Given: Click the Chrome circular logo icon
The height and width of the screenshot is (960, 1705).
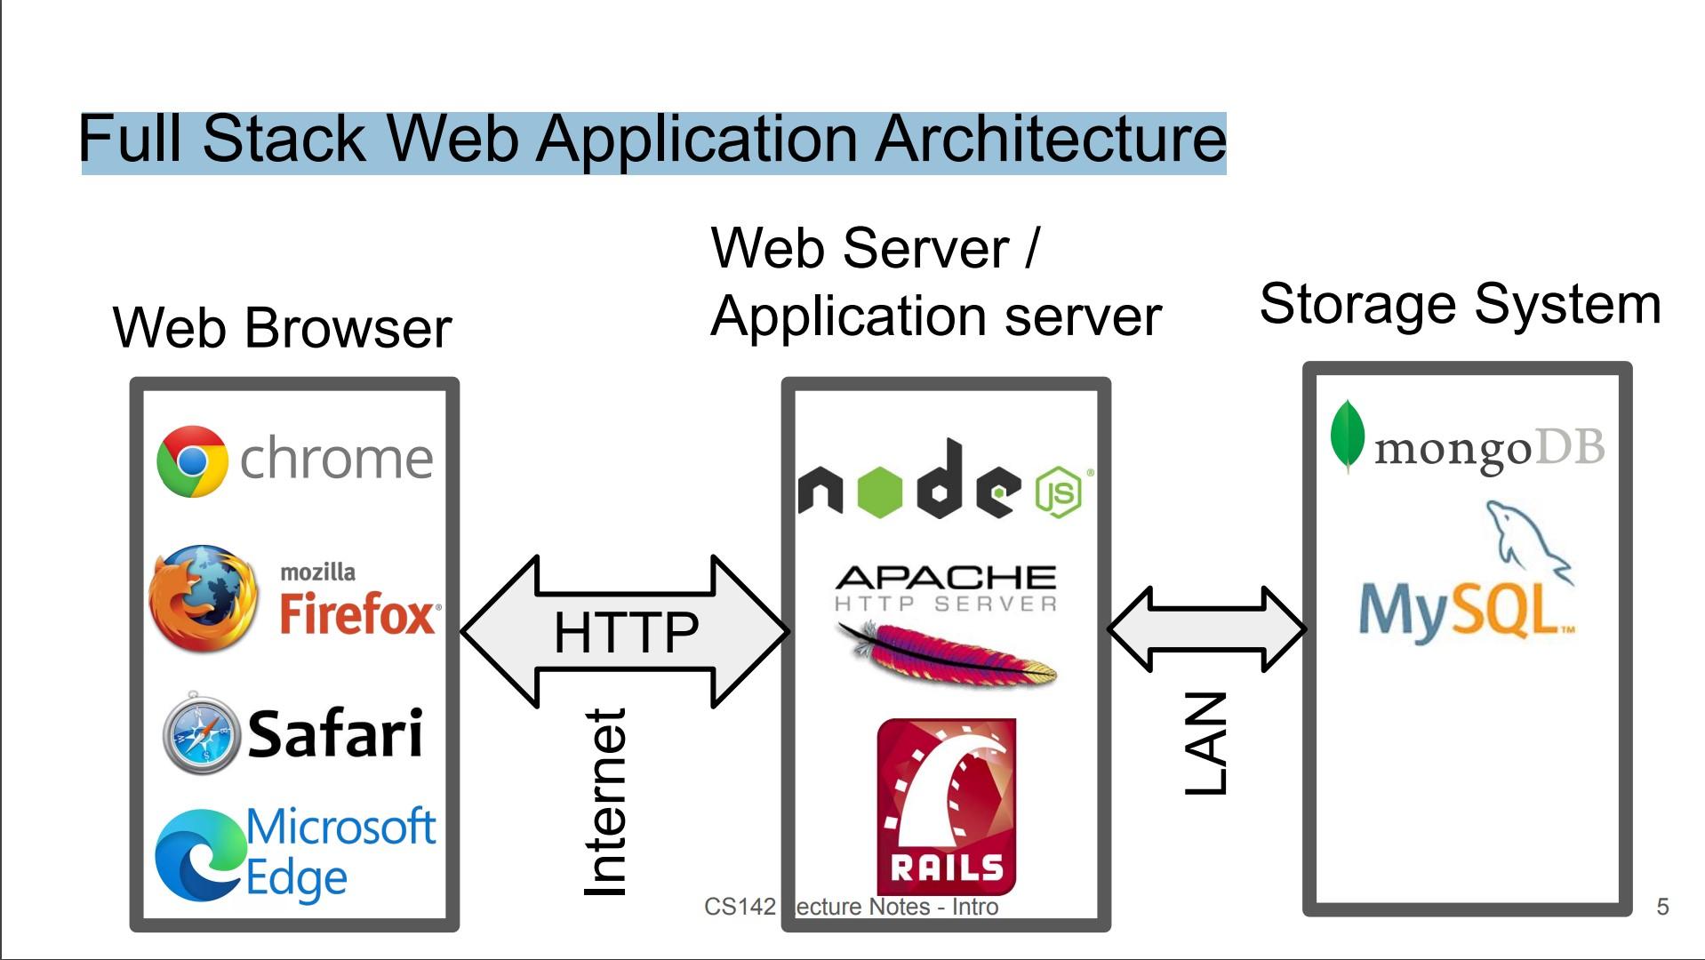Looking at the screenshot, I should pyautogui.click(x=192, y=460).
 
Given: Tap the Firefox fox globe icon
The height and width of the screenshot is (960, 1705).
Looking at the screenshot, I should pyautogui.click(x=204, y=598).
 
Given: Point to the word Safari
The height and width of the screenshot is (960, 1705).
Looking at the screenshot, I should pyautogui.click(x=335, y=734).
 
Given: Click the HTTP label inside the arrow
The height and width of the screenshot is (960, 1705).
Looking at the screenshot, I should pyautogui.click(x=626, y=632).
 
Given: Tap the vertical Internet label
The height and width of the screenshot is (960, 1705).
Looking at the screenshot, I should pyautogui.click(x=606, y=802).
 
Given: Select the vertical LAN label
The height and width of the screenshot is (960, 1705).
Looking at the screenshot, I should pyautogui.click(x=1207, y=743).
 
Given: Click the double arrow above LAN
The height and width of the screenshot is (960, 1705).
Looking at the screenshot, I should pyautogui.click(x=1206, y=628).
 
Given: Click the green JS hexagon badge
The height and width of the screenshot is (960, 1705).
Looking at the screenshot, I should pyautogui.click(x=1058, y=492).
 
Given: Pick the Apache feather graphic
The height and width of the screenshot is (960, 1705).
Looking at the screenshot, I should pyautogui.click(x=947, y=654).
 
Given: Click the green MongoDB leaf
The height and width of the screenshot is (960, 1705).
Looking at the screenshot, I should pyautogui.click(x=1347, y=436).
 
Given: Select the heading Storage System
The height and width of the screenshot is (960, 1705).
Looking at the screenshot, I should pyautogui.click(x=1460, y=304).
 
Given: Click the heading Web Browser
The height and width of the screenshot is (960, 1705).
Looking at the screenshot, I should pyautogui.click(x=282, y=328).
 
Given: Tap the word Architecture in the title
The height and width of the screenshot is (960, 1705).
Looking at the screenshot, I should pyautogui.click(x=1050, y=140).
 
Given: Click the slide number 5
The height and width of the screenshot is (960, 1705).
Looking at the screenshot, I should pyautogui.click(x=1662, y=907).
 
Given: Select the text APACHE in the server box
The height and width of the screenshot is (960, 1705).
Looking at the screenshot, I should pyautogui.click(x=946, y=578).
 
